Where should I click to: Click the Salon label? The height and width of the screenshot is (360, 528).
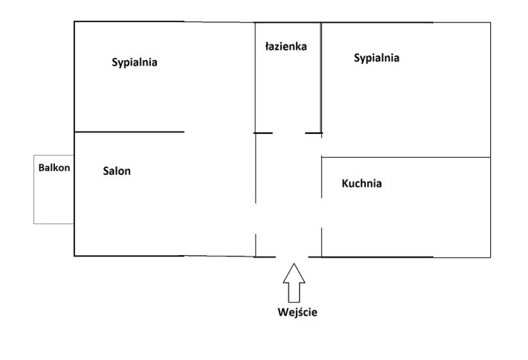click(x=117, y=171)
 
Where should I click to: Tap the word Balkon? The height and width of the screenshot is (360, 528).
click(x=54, y=167)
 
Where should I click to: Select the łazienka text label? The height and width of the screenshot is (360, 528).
click(x=286, y=46)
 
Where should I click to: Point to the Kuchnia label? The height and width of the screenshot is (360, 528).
click(x=361, y=183)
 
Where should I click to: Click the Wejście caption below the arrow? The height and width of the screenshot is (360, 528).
click(x=297, y=312)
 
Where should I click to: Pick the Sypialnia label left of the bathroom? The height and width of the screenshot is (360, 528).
click(x=135, y=62)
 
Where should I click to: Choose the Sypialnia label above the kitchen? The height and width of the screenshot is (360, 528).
click(x=376, y=57)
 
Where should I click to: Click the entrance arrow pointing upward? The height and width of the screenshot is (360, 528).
click(x=294, y=283)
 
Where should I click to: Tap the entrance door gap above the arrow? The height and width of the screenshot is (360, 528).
click(x=292, y=257)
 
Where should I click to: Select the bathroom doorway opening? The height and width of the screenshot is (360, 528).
click(x=289, y=133)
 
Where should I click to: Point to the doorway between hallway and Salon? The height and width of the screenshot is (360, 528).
click(x=256, y=219)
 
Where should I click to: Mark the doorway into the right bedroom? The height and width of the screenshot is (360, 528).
click(x=321, y=145)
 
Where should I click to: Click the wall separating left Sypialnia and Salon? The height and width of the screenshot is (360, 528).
click(x=129, y=132)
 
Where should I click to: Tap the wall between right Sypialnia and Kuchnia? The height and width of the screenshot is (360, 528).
click(x=406, y=157)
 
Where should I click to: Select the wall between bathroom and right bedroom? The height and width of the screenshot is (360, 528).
click(x=321, y=78)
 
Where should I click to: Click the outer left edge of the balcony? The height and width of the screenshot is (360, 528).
click(x=34, y=189)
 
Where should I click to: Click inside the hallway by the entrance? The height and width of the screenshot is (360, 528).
click(x=289, y=236)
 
